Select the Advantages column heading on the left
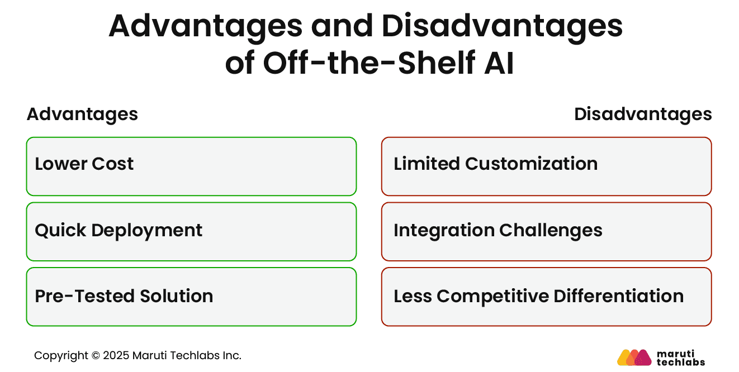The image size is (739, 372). pos(82,114)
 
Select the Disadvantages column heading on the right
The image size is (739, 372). pos(643,114)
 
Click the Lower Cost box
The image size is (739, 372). pos(191,166)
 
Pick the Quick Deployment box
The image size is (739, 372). pos(191,231)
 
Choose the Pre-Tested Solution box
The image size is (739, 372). pos(191,297)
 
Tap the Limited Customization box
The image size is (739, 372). pos(546,166)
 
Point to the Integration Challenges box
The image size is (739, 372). pos(546,231)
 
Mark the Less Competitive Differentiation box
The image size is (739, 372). pos(546,297)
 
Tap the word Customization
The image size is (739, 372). pos(531,164)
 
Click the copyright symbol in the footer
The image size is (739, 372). pos(96,356)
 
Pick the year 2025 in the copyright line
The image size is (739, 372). pos(116,356)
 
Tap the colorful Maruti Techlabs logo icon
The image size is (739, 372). pos(634,357)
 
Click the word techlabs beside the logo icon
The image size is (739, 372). pos(680,362)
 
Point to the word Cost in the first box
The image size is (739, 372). pos(113,164)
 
